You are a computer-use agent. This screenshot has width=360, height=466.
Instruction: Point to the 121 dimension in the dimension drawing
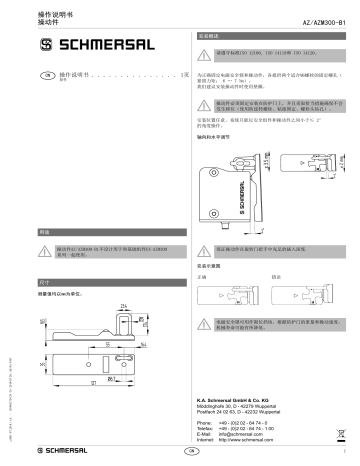pos(92,383)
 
